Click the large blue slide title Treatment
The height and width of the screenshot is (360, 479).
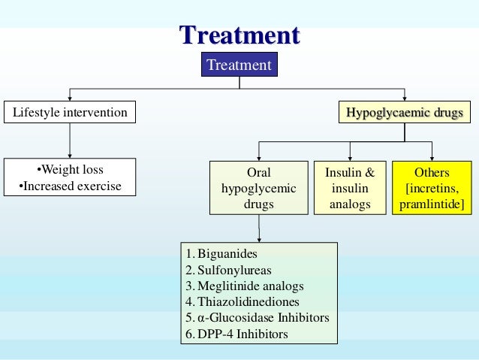pos(239,35)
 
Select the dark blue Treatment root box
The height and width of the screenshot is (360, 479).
pos(239,65)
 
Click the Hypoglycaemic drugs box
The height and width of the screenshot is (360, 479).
pos(404,113)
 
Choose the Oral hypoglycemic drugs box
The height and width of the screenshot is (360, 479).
pos(258,188)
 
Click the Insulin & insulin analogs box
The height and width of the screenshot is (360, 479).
pos(349,188)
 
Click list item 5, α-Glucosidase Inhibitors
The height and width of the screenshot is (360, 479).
pos(258,318)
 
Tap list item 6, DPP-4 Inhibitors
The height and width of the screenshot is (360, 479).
pos(236,334)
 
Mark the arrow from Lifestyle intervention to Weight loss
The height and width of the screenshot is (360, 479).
pos(70,141)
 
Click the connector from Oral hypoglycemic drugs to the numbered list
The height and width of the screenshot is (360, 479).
pos(259,228)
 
